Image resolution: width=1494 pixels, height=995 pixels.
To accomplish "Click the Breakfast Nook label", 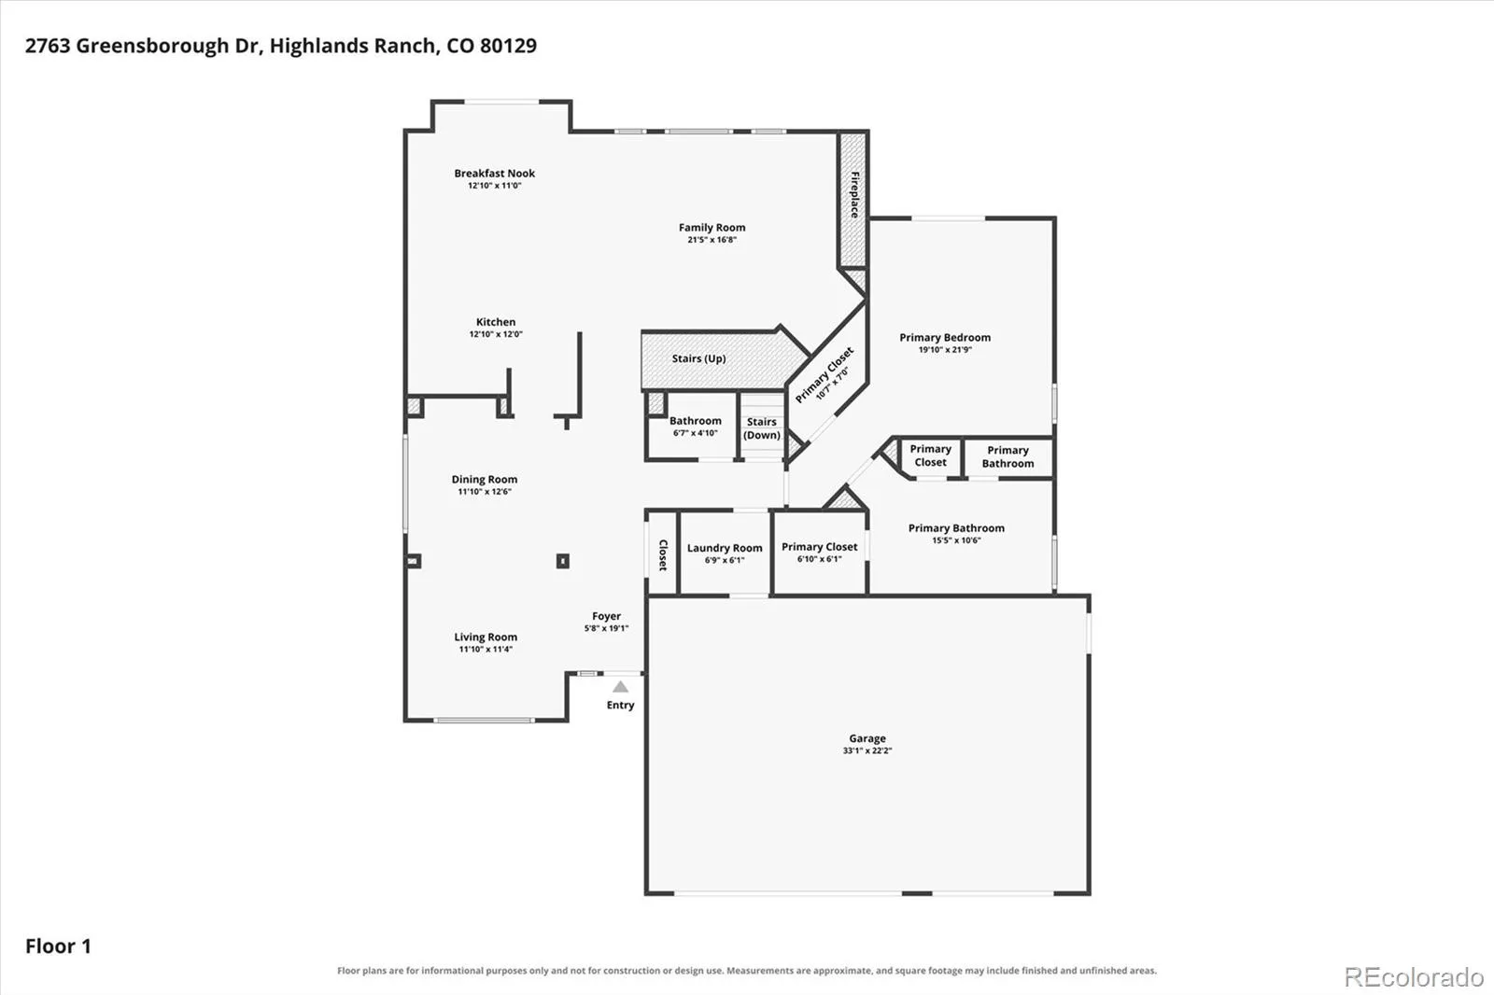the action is (x=494, y=174).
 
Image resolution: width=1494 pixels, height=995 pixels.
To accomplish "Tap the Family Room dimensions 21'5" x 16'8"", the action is (x=712, y=240).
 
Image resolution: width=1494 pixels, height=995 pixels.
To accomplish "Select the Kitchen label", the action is (x=496, y=322).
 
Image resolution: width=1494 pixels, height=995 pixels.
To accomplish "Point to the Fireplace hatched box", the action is (x=853, y=200).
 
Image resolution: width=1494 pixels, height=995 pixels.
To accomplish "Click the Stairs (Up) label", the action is (x=698, y=358).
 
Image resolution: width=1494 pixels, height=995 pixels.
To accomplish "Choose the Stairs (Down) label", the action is (x=762, y=428).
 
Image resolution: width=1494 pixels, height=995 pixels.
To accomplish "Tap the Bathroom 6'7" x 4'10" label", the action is (x=695, y=427).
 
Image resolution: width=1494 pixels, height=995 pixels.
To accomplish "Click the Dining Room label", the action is (x=485, y=480).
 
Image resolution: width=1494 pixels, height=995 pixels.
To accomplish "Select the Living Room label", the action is (x=486, y=637).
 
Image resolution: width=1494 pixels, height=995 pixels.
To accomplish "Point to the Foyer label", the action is (x=606, y=616).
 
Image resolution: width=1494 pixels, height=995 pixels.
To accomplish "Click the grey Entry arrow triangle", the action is (x=620, y=687).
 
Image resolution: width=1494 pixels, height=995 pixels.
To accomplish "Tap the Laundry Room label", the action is (x=725, y=548).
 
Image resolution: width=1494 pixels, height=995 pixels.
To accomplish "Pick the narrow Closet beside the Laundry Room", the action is (x=662, y=553).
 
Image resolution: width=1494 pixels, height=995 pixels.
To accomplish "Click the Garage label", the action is (x=867, y=739).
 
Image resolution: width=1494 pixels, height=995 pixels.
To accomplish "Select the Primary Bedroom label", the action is (x=945, y=338).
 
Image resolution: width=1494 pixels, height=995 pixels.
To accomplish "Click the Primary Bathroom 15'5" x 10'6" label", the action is (x=956, y=534).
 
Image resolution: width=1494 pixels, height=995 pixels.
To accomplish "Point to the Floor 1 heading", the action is (x=58, y=946).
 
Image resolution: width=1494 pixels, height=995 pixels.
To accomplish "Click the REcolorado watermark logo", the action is (x=1414, y=977).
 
